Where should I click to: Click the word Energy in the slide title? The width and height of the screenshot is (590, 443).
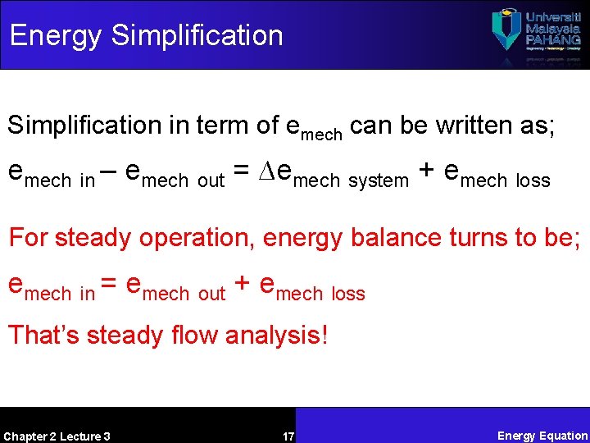pyautogui.click(x=56, y=36)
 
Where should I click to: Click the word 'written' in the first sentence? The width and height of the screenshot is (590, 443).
pyautogui.click(x=481, y=126)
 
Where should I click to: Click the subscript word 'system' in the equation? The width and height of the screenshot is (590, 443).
pyautogui.click(x=378, y=180)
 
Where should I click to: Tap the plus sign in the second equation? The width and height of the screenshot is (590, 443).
pyautogui.click(x=242, y=285)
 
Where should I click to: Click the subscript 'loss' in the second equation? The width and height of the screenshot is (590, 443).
pyautogui.click(x=348, y=294)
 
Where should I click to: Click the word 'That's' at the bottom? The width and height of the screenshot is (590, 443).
pyautogui.click(x=43, y=335)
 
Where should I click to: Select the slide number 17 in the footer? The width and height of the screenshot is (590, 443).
pyautogui.click(x=288, y=436)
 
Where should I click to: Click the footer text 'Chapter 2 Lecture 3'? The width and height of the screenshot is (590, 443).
pyautogui.click(x=57, y=436)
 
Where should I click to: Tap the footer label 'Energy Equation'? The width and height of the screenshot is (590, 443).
pyautogui.click(x=542, y=436)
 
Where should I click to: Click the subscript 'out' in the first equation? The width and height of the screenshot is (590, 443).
pyautogui.click(x=211, y=180)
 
